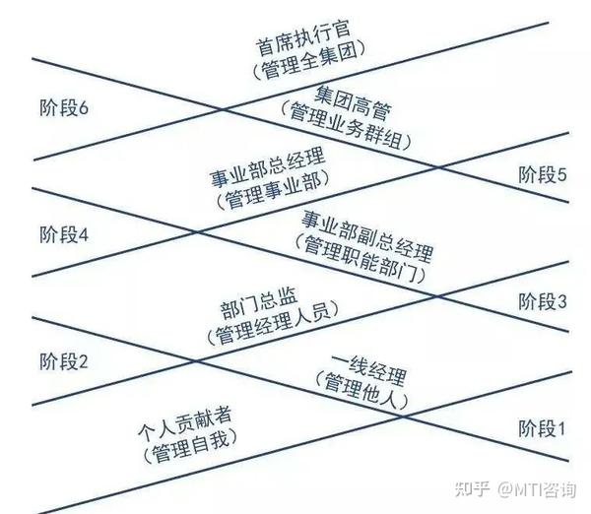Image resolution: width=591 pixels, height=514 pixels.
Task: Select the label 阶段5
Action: pos(543,176)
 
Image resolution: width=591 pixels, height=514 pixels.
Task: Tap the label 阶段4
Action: pos(64,235)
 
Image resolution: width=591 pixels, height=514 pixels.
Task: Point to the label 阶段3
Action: pos(543,302)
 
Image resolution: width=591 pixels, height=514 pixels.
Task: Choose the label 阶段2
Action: pos(64,361)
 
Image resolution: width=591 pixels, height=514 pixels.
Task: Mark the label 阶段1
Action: pos(543,428)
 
